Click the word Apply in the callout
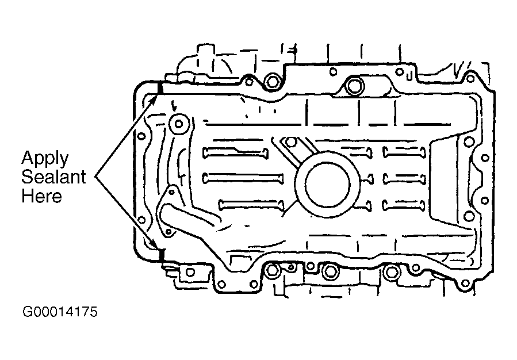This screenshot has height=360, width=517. (x=45, y=159)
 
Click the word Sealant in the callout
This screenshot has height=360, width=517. (x=53, y=177)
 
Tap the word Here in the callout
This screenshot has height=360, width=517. (x=41, y=196)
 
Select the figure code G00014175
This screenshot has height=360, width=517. (x=60, y=312)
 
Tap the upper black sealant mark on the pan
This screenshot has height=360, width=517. (x=160, y=87)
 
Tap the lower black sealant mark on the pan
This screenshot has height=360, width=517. (x=162, y=255)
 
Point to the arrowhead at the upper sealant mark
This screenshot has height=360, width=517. (x=155, y=98)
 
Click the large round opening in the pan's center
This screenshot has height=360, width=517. (x=327, y=185)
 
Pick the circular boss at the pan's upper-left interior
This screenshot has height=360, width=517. (x=179, y=124)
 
